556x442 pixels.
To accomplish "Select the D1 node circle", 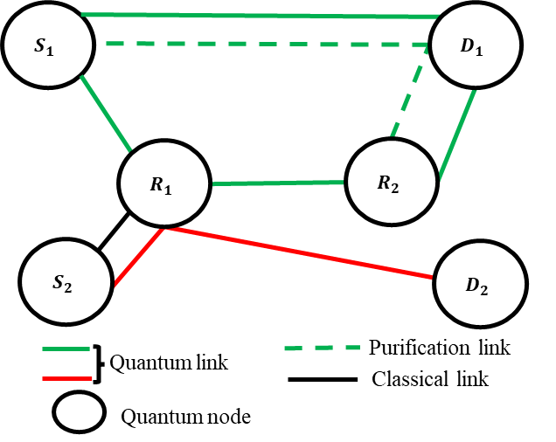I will pos(476,46).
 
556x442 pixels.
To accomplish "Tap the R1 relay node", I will pos(164,184).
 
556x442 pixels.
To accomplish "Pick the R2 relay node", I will pos(392,182).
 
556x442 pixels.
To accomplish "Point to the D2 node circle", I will pos(480,284).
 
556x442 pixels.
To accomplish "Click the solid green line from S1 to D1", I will pos(262,16).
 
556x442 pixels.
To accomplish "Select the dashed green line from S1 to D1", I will pos(262,44).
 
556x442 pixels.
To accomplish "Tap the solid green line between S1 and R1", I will pos(106,114).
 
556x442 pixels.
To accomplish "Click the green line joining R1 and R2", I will pos(278,183).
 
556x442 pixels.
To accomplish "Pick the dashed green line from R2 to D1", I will pos(409,94).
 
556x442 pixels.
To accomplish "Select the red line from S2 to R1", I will pos(138,257).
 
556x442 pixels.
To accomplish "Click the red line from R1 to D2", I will pos(297,252).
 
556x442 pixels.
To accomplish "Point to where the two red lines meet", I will pos(163,229).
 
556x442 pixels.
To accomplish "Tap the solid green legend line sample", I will pos(66,349).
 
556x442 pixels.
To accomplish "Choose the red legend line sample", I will pos(66,378).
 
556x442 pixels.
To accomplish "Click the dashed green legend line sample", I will pos(322,348).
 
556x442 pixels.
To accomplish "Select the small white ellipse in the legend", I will pos(80,412).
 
